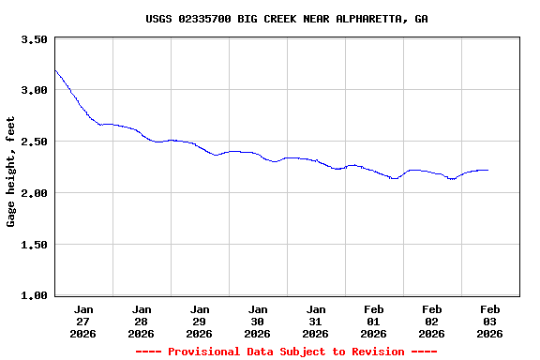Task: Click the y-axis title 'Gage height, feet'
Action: tap(11, 172)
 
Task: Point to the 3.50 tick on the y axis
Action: tap(34, 39)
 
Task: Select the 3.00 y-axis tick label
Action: tap(34, 91)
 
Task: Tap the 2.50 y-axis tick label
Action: tap(34, 142)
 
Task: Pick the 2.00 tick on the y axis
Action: tap(34, 194)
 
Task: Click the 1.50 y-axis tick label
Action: tap(34, 246)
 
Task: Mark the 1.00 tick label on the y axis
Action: tap(34, 296)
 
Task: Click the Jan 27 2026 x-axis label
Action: tap(83, 321)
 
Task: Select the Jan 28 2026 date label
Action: tap(142, 321)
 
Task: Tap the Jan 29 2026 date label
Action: tap(200, 321)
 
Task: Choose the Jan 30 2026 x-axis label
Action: tap(258, 321)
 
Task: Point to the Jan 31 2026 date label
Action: tap(316, 321)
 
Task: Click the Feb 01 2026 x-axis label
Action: tap(374, 321)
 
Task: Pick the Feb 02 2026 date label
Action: tap(432, 321)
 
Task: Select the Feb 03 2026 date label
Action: tap(490, 321)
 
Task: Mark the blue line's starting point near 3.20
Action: tap(55, 70)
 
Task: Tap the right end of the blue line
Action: tap(487, 170)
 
